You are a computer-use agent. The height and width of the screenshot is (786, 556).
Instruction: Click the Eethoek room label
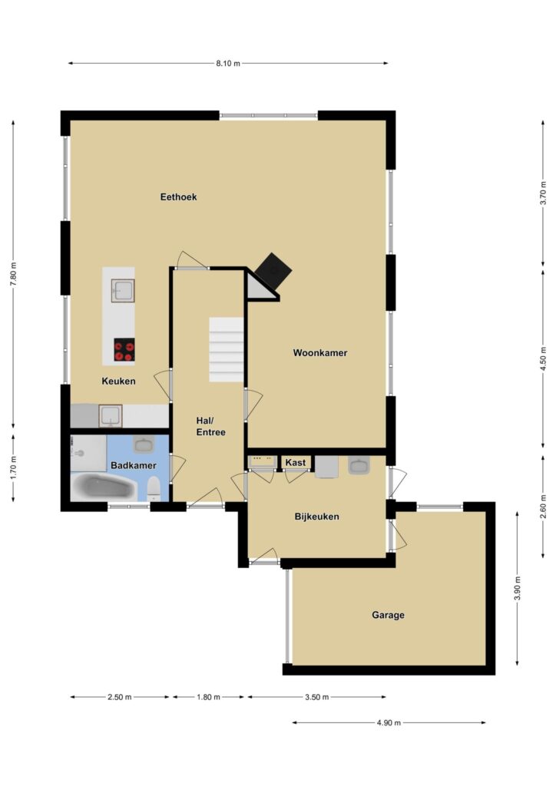coord(178,197)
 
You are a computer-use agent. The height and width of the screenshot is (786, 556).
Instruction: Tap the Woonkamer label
coord(320,353)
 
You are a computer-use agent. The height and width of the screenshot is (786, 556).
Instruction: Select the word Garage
coord(388,615)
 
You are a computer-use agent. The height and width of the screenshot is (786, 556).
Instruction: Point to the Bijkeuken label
coord(317,517)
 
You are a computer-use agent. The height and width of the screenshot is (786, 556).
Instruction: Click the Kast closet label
coord(296,462)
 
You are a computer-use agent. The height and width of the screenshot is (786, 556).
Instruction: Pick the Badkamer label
coord(134,465)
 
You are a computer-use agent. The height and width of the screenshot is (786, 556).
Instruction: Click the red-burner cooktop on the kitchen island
coord(124,350)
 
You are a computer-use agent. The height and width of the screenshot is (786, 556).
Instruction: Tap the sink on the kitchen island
coord(123,290)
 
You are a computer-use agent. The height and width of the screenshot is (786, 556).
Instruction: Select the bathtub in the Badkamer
coord(104,487)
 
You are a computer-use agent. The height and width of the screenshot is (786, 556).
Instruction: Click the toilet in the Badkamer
coord(154,488)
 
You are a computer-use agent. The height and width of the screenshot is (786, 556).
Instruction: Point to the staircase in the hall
coord(226,349)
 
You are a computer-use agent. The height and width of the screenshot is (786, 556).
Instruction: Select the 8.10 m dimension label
coord(228,64)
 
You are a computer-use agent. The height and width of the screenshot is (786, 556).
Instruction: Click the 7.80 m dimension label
coord(14,274)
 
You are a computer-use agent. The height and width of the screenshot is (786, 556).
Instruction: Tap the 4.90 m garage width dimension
coord(389,723)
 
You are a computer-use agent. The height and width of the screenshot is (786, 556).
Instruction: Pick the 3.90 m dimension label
coord(518,589)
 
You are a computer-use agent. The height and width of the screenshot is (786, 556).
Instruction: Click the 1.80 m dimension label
coord(208,697)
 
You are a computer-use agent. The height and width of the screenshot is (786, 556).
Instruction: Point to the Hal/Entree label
coord(210,426)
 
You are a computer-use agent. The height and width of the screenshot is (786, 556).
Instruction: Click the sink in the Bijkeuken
coord(359,466)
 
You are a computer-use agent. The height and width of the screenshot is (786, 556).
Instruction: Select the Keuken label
coord(118,381)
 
